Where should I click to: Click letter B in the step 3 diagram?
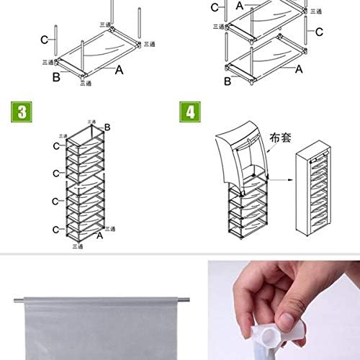107,127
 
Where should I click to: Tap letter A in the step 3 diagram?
101,234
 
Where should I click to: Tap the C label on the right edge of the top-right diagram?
319,31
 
